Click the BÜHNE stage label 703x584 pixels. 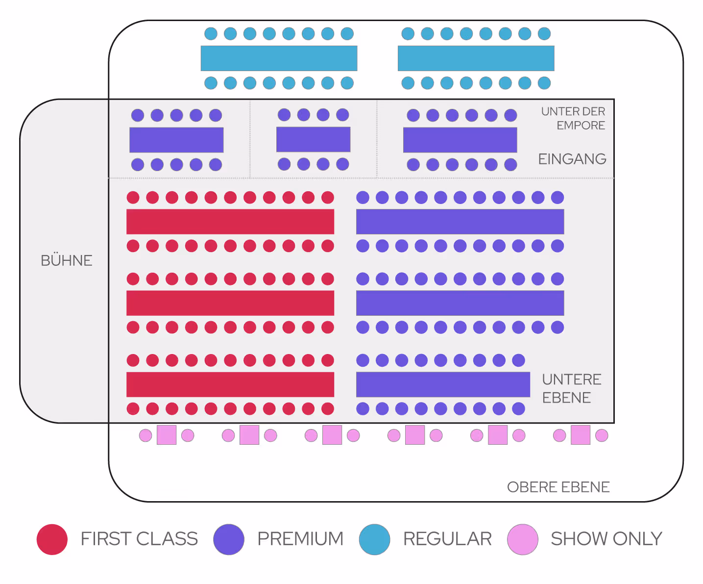pyautogui.click(x=67, y=260)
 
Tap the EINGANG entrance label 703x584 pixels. pyautogui.click(x=572, y=159)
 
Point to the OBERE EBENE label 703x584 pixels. pyautogui.click(x=558, y=487)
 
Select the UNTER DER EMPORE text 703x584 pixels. pyautogui.click(x=573, y=118)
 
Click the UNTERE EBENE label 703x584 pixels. pyautogui.click(x=571, y=388)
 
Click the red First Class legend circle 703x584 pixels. pyautogui.click(x=52, y=539)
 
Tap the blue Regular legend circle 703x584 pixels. pyautogui.click(x=374, y=539)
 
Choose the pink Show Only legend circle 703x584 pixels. pyautogui.click(x=523, y=539)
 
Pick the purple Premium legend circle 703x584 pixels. pyautogui.click(x=229, y=539)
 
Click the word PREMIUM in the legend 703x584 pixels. pyautogui.click(x=300, y=539)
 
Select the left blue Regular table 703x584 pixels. pyautogui.click(x=279, y=58)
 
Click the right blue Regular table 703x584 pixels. pyautogui.click(x=476, y=58)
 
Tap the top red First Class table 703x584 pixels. pyautogui.click(x=230, y=222)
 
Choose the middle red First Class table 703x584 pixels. pyautogui.click(x=230, y=303)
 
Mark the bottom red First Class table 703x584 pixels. pyautogui.click(x=230, y=384)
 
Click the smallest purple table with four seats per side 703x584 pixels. pyautogui.click(x=313, y=139)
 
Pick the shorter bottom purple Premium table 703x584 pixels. pyautogui.click(x=443, y=384)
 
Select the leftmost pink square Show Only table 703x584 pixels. pyautogui.click(x=167, y=435)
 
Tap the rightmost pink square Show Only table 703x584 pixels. pyautogui.click(x=581, y=435)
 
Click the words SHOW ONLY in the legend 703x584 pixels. pyautogui.click(x=606, y=539)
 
